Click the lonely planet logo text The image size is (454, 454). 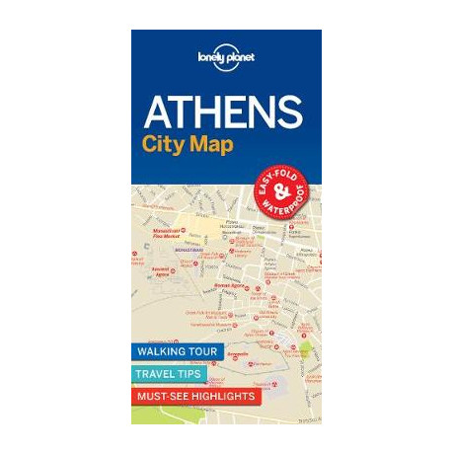[226, 57]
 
